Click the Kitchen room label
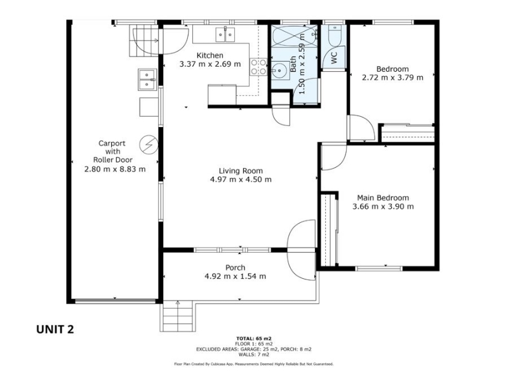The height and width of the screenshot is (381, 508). coord(210,55)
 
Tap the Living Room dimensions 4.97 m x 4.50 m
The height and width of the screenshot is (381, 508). coord(241,180)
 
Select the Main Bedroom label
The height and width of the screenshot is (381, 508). coord(383,197)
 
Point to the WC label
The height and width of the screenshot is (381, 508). coord(334,58)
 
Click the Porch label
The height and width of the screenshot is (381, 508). coord(235,267)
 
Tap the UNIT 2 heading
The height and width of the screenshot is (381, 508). coord(55,329)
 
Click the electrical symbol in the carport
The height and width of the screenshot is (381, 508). coord(149,145)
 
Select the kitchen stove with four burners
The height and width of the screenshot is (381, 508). coord(258,67)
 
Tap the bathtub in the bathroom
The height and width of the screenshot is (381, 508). coord(294,37)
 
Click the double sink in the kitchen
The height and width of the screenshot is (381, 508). coord(225,35)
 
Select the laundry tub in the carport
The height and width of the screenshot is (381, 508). coord(147,79)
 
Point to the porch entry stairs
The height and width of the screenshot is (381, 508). coord(178,316)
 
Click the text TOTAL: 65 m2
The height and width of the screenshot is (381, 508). coord(254,339)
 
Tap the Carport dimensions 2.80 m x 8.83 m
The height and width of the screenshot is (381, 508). coord(115,169)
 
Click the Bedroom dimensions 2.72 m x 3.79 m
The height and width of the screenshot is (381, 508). coord(392,77)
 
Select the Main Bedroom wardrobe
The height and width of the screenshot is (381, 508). coord(330,230)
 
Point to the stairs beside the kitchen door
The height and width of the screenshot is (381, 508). coord(145,41)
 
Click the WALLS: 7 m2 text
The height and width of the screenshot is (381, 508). coord(254,354)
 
